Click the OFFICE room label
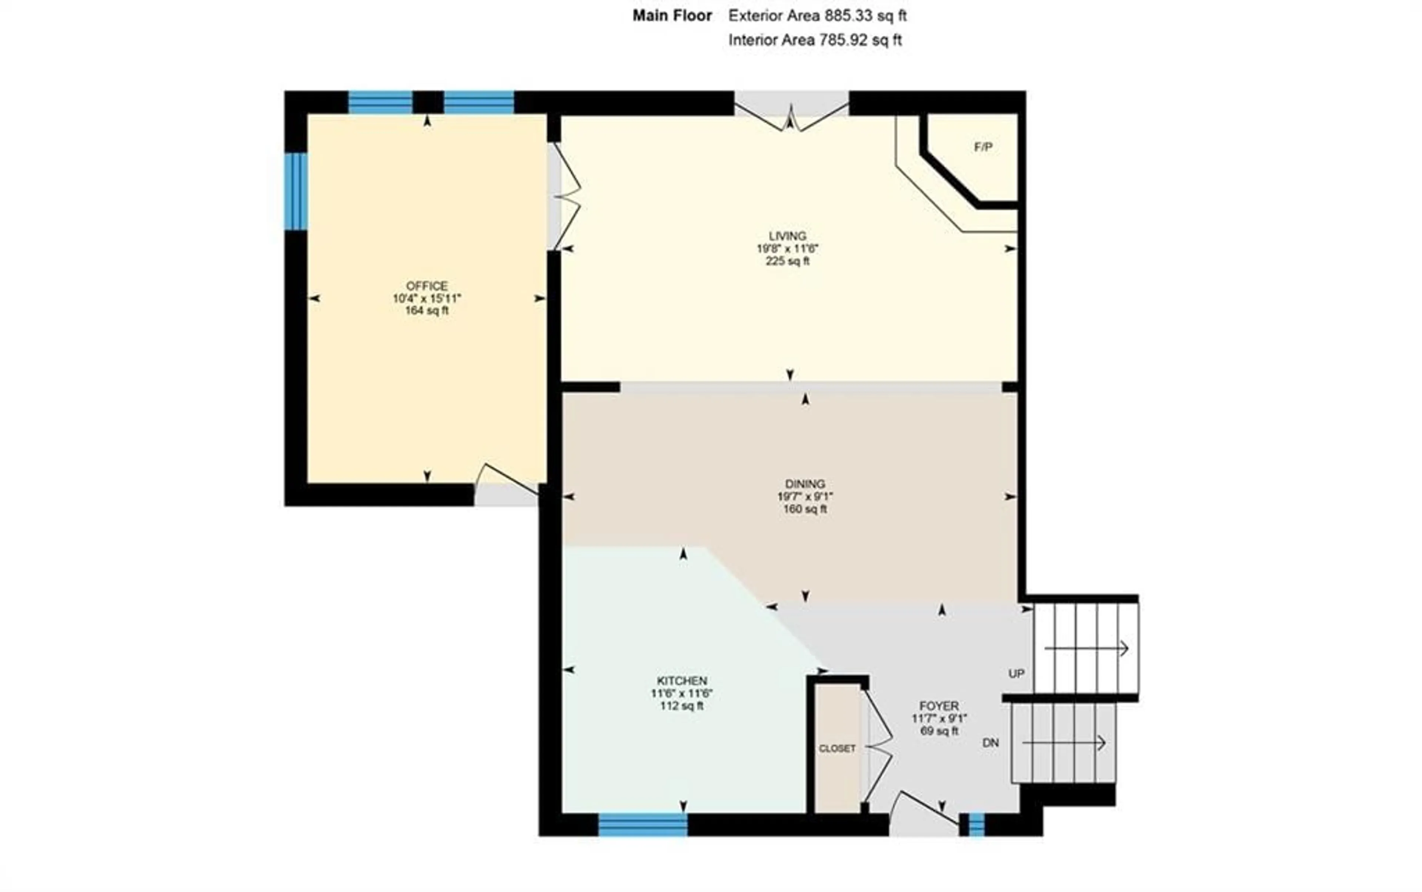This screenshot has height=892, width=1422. pos(427,286)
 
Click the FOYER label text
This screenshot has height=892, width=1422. pos(939,706)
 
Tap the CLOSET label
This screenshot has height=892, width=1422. pos(837,749)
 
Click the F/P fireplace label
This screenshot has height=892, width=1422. pos(982,147)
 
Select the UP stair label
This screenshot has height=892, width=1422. pos(1016,674)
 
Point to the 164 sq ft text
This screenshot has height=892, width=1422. pos(427,311)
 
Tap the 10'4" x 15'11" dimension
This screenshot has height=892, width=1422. pos(427,299)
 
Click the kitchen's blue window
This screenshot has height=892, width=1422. pos(643,824)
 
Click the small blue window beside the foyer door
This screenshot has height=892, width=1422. pos(977,824)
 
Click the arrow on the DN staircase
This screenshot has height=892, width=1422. pos(1064,743)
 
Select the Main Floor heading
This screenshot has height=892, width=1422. pos(672,16)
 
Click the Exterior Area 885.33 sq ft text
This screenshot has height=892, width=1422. pos(817,16)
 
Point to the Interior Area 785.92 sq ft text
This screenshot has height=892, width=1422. pos(815,40)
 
